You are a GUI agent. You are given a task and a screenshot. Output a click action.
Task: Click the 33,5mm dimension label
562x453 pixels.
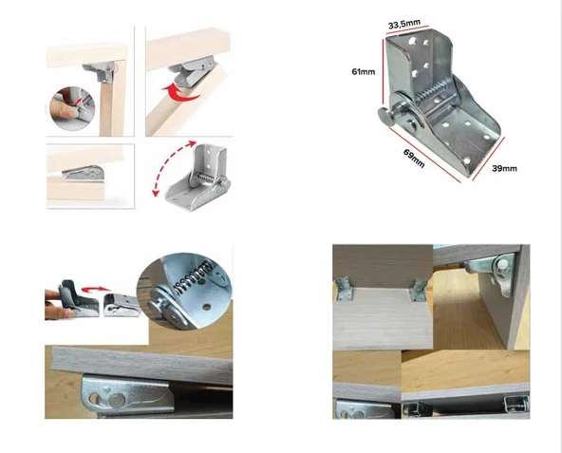click(x=404, y=24)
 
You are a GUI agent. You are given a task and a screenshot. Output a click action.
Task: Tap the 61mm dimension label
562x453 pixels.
click(x=364, y=72)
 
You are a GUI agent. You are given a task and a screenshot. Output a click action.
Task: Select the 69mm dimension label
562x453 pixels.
click(x=414, y=159)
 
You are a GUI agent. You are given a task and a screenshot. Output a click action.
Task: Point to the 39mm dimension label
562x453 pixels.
click(x=504, y=168)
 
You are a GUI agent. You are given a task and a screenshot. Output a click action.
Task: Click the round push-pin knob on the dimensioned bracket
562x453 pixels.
click(x=386, y=116)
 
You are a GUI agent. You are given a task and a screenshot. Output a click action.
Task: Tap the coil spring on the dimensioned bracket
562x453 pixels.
click(x=431, y=92)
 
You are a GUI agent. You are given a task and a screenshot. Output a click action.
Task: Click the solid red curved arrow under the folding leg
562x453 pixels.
click(x=180, y=93)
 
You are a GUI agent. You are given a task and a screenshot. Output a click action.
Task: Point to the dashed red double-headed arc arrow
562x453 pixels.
click(x=169, y=165)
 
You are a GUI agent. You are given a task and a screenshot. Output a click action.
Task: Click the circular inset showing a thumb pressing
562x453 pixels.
click(x=72, y=108)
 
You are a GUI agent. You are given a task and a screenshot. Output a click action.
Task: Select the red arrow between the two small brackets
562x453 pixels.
click(x=95, y=289)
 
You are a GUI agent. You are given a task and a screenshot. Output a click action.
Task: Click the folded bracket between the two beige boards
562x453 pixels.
click(x=84, y=173)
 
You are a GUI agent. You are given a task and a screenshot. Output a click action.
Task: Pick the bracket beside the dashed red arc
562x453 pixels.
click(x=197, y=178)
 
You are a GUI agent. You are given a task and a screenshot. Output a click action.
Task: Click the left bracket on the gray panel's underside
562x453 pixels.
click(x=344, y=289)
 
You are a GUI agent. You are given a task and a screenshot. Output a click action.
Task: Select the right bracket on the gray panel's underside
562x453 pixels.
click(x=419, y=290)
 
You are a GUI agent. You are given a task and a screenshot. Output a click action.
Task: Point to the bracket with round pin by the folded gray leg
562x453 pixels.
click(x=494, y=272)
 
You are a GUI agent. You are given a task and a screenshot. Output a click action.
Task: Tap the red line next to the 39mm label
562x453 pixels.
click(x=489, y=159)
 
